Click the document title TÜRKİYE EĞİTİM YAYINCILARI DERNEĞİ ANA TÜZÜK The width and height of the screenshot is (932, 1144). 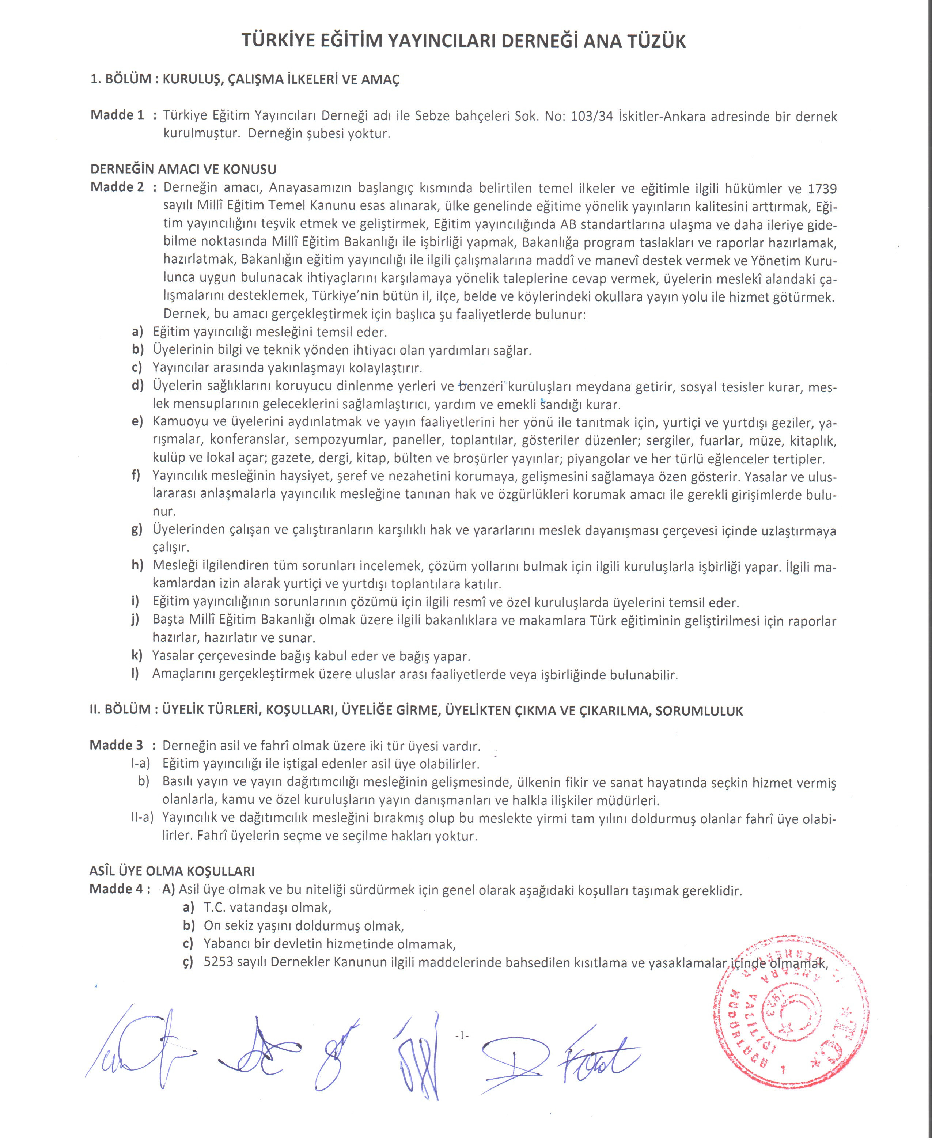click(x=463, y=41)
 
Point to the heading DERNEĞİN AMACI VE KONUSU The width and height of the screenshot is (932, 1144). click(x=183, y=169)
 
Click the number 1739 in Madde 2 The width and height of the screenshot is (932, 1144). click(x=821, y=189)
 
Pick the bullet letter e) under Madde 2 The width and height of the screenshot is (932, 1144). click(x=137, y=421)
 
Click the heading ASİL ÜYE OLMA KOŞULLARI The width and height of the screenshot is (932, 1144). click(x=172, y=871)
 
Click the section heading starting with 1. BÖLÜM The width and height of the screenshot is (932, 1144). click(x=245, y=79)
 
